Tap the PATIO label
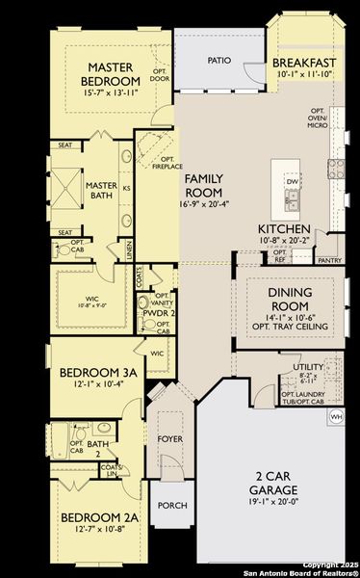pyautogui.click(x=220, y=60)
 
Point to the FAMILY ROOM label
pyautogui.click(x=210, y=185)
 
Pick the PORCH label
pyautogui.click(x=171, y=505)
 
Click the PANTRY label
pyautogui.click(x=330, y=260)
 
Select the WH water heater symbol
pyautogui.click(x=337, y=416)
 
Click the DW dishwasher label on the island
pyautogui.click(x=291, y=181)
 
